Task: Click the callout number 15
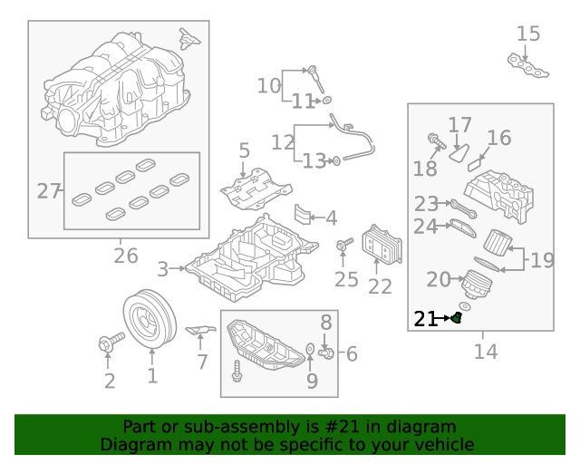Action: tap(528, 34)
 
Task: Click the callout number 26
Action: tap(125, 256)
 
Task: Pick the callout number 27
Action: tap(47, 191)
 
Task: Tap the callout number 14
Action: tap(485, 351)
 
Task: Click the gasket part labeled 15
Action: tap(530, 65)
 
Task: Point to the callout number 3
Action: tap(162, 268)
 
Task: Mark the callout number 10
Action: tap(269, 86)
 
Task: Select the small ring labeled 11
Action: tap(326, 100)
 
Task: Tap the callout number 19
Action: tap(542, 261)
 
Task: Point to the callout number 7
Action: tap(202, 362)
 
